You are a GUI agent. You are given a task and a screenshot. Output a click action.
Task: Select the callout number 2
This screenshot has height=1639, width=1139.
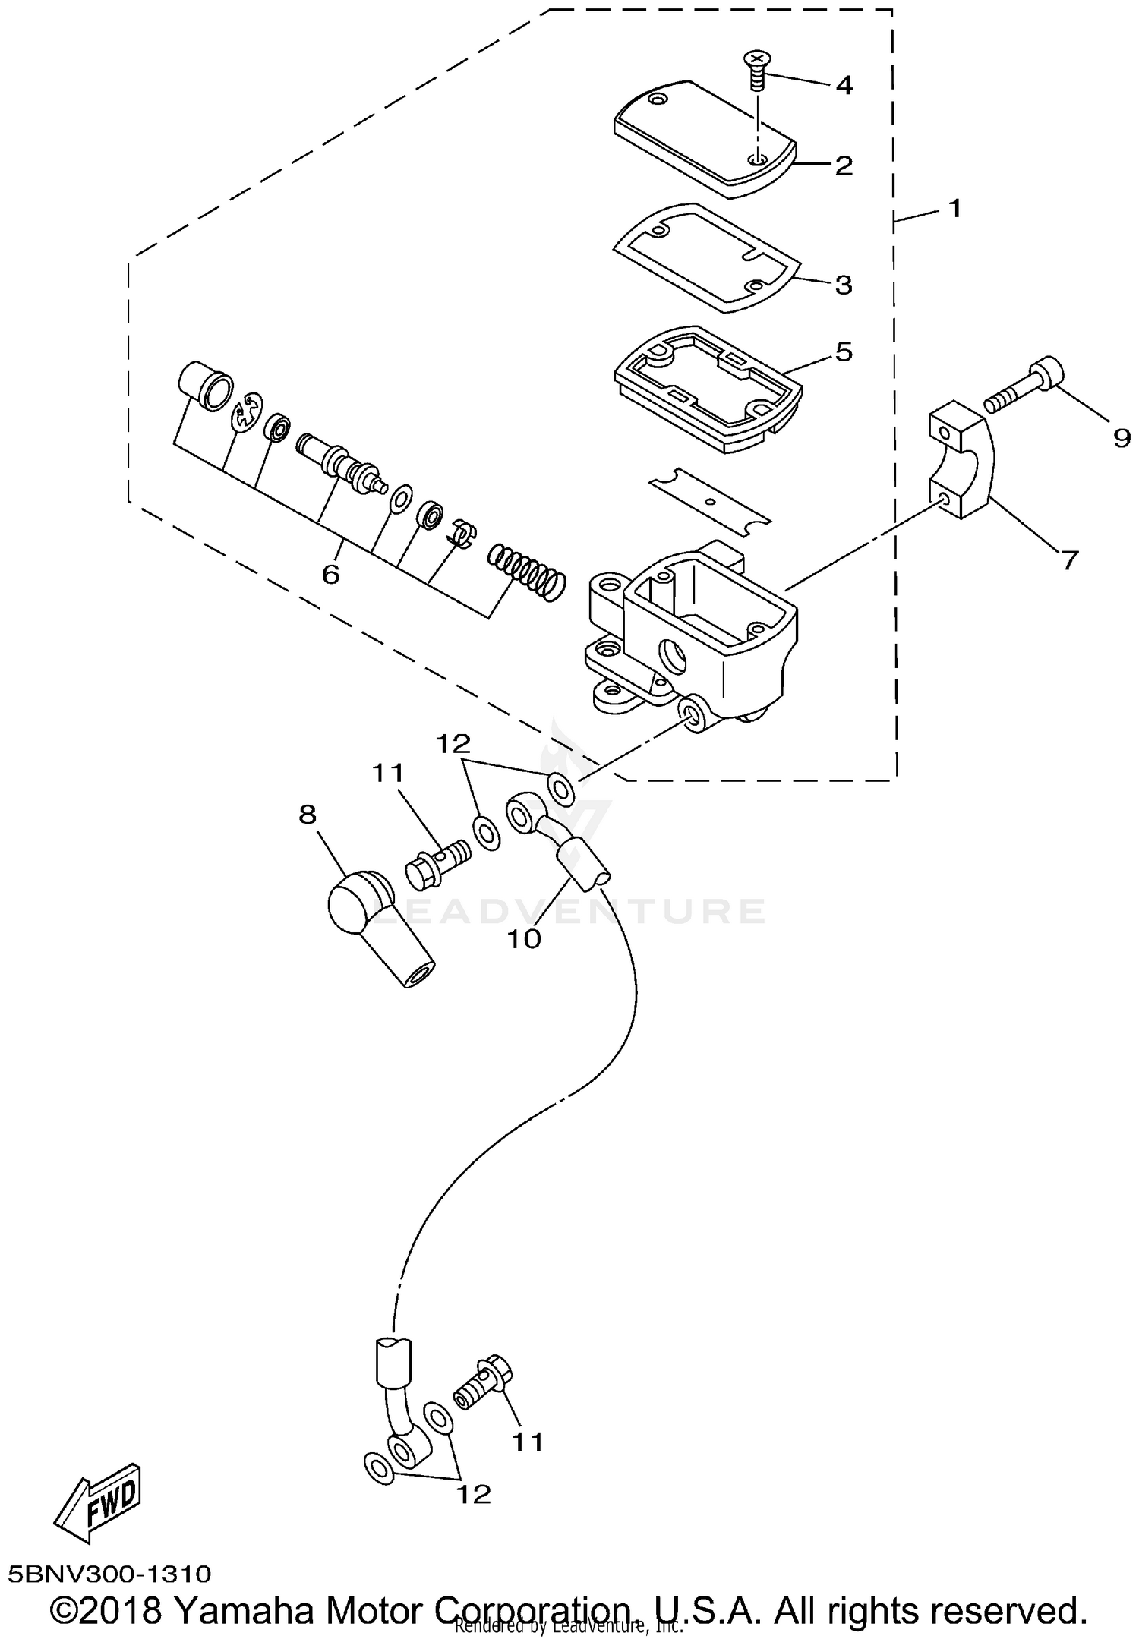(x=844, y=165)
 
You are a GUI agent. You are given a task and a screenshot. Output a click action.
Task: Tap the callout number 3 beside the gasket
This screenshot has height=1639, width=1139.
(x=844, y=285)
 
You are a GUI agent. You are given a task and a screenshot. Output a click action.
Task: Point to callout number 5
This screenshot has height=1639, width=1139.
(x=844, y=351)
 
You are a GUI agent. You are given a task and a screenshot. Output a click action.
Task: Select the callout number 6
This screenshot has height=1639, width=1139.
(x=330, y=574)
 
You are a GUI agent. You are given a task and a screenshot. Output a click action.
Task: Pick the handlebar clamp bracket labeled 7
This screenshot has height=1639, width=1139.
(x=958, y=463)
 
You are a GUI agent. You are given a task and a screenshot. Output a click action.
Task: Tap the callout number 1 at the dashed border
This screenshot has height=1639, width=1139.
(x=954, y=207)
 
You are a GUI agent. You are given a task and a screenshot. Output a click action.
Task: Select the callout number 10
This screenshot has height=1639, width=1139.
(x=524, y=939)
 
